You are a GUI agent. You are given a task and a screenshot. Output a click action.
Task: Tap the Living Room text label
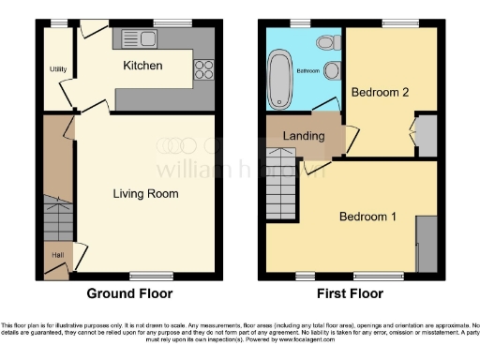click(x=145, y=194)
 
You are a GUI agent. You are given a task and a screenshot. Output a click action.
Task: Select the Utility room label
click(x=56, y=68)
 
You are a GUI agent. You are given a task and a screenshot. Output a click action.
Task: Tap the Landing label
click(x=304, y=136)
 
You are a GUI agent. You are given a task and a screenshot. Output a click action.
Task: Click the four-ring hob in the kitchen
click(x=203, y=68)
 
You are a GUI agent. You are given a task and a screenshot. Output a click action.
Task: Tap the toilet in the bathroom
click(x=327, y=42)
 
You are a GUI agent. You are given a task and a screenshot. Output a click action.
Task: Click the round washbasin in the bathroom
click(x=331, y=70)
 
